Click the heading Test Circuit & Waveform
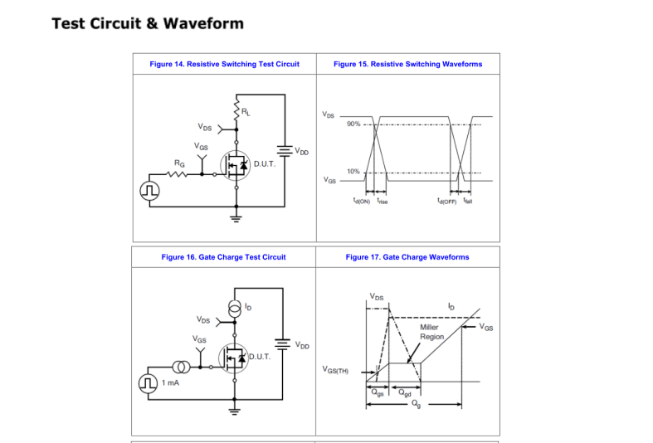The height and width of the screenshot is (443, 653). tap(148, 23)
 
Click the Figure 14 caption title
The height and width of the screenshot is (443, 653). tap(224, 64)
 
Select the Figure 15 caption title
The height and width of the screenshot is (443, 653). tap(407, 64)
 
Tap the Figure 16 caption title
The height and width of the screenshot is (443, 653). tap(223, 257)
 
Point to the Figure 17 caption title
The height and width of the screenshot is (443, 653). tap(407, 257)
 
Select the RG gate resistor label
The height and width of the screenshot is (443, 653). tap(179, 163)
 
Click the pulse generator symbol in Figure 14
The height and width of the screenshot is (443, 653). tap(149, 190)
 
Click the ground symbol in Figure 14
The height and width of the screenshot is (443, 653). tap(236, 218)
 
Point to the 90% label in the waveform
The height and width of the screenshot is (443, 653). tap(353, 124)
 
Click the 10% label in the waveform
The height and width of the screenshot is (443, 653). tap(353, 171)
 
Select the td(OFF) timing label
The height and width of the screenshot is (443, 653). tap(447, 201)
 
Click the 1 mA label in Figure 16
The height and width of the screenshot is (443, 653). tap(171, 382)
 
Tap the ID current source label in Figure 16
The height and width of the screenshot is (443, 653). tap(248, 308)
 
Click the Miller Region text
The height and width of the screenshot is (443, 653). tap(432, 332)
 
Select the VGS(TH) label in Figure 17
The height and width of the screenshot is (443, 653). tap(335, 370)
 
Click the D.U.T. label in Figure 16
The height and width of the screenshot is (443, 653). tap(260, 358)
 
